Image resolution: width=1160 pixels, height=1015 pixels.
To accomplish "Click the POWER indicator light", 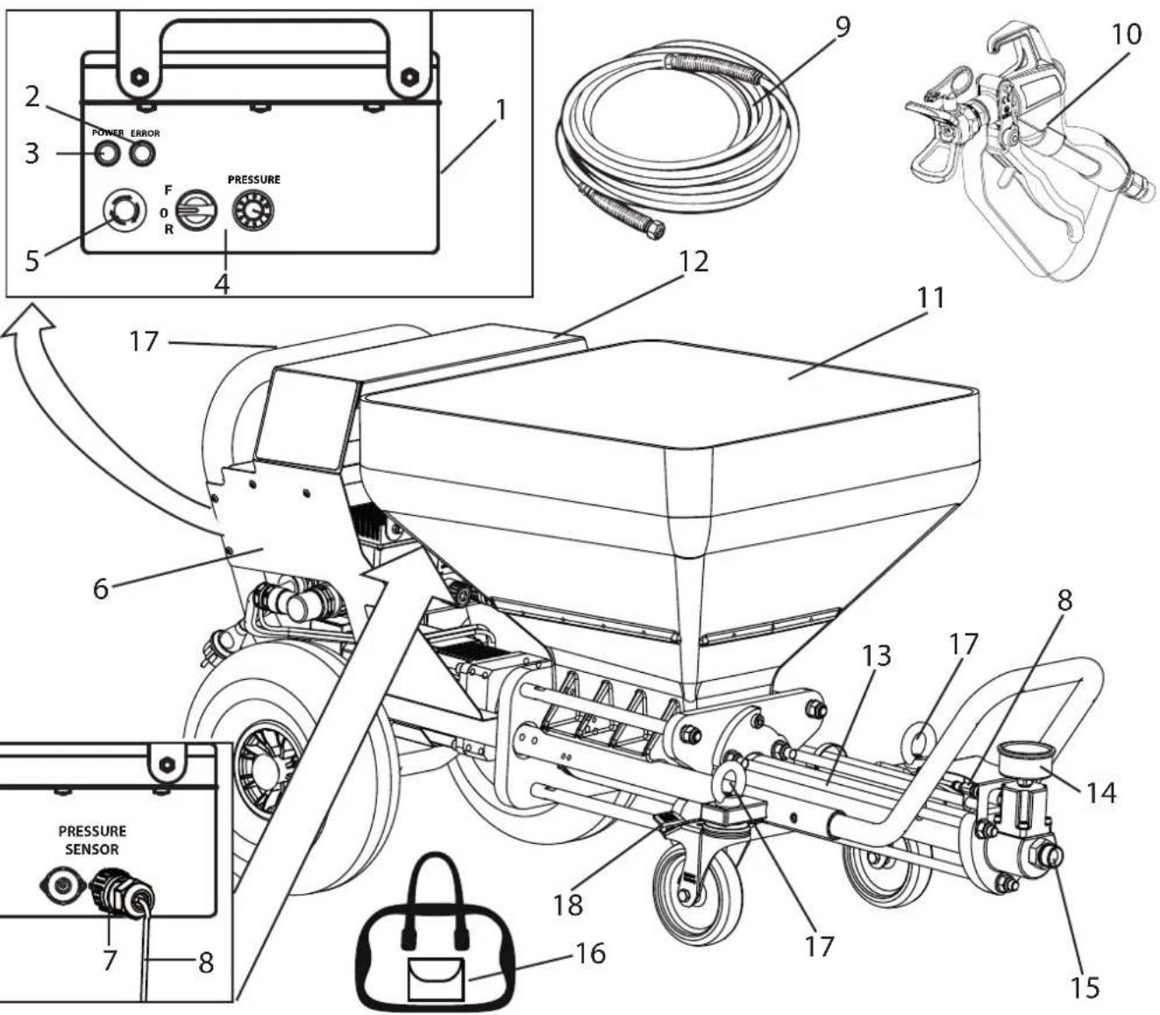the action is (106, 154).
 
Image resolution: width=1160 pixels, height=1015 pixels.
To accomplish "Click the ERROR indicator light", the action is (142, 154).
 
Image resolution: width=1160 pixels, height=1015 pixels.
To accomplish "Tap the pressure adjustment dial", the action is (253, 211).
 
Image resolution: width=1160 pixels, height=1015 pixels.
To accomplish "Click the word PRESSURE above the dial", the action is (253, 180).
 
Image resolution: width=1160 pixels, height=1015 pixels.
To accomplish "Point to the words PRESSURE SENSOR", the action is (92, 840).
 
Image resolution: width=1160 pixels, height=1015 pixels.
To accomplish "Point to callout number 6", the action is (100, 589).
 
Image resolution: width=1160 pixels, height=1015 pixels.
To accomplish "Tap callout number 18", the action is (567, 904).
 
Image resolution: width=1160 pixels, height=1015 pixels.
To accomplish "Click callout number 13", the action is (877, 655).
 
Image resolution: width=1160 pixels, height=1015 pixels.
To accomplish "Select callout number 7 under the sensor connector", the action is (109, 960).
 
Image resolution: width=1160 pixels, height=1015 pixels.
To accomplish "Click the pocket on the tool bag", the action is (436, 979).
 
